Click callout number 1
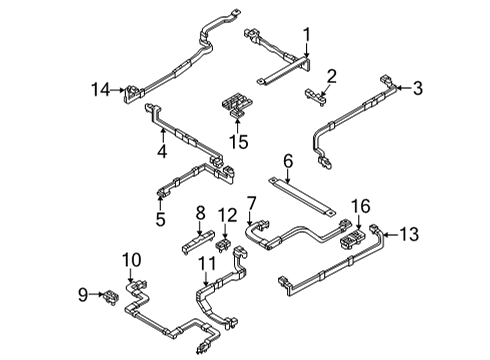pyautogui.click(x=308, y=32)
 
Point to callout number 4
pyautogui.click(x=160, y=152)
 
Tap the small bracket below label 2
pyautogui.click(x=318, y=94)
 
